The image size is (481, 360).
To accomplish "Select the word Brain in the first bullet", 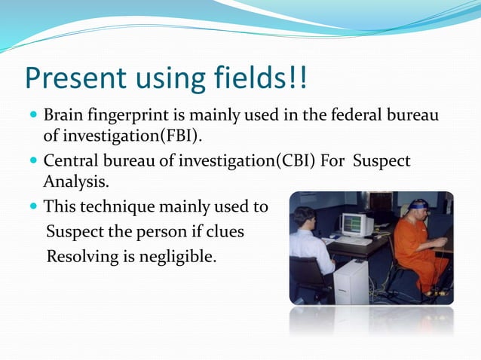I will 63,116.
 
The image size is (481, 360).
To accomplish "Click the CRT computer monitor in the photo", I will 356,224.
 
